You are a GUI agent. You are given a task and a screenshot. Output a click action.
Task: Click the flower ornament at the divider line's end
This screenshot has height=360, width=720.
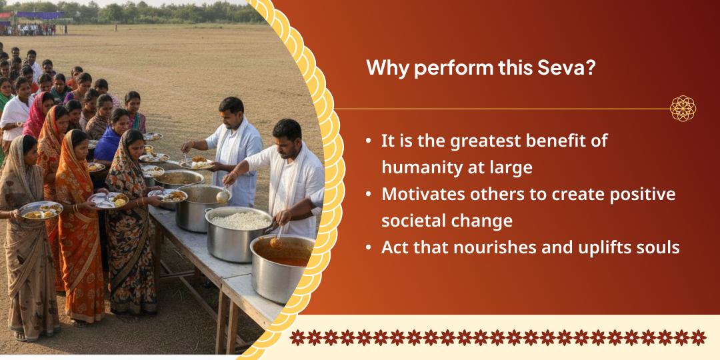683,108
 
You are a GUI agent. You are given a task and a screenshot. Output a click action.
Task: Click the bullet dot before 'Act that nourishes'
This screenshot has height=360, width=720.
369,248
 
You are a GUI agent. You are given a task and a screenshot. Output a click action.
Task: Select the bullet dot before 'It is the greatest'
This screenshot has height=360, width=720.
369,141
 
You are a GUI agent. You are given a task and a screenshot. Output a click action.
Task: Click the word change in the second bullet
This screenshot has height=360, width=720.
479,221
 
